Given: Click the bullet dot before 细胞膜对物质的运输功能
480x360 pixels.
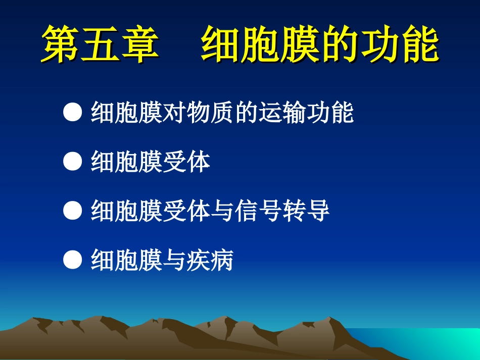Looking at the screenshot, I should [x=73, y=113].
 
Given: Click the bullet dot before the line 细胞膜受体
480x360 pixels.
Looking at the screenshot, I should [x=73, y=162].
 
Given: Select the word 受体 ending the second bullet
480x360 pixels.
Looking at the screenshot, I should [x=186, y=163].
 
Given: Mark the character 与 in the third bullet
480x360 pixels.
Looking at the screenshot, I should [x=222, y=212].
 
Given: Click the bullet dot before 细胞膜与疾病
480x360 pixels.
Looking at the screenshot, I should [x=73, y=261].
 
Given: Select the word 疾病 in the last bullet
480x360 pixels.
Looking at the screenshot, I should [x=210, y=261].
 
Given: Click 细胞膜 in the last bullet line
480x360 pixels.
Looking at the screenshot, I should [x=126, y=261].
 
